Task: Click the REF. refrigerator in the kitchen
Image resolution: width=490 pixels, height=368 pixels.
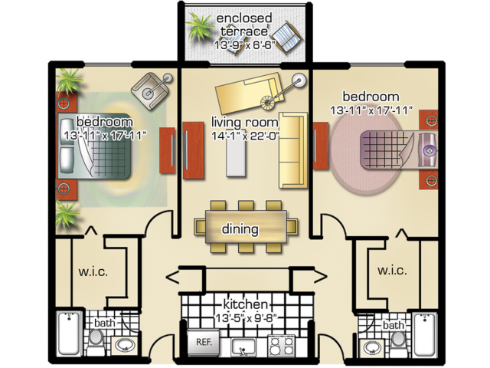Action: (204, 342)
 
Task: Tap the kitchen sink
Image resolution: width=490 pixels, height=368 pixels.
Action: (243, 347)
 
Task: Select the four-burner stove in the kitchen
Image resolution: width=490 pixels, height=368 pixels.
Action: (281, 346)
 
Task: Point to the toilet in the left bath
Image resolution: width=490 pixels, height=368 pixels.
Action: (96, 340)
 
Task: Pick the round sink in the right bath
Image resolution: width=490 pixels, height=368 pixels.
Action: (374, 347)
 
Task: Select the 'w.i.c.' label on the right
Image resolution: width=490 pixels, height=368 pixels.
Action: (391, 271)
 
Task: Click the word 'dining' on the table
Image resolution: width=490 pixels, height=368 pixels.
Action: (240, 228)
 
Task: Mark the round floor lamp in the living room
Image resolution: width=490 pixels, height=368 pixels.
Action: (298, 80)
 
